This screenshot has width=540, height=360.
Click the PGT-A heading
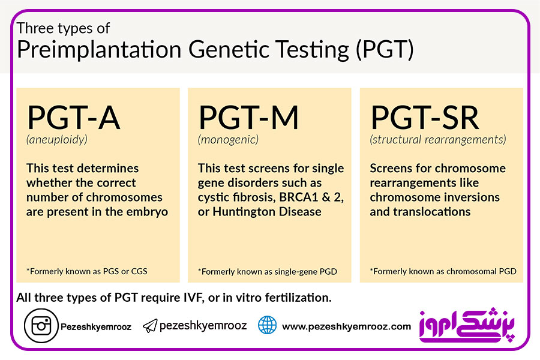(x=74, y=118)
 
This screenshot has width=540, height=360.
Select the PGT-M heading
(x=248, y=118)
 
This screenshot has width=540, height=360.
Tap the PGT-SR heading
(x=425, y=118)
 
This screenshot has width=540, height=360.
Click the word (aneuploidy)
(x=57, y=140)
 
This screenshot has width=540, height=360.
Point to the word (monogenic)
(x=228, y=140)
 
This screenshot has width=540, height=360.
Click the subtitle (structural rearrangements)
(x=438, y=140)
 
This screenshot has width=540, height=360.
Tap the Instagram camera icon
(x=41, y=326)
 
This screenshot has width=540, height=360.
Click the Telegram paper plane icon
(x=150, y=326)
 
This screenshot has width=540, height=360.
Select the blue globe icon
(x=267, y=325)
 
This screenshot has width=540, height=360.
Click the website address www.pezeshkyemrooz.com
(x=346, y=326)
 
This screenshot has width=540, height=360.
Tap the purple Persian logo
(x=467, y=325)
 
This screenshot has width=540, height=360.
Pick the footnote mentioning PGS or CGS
(x=87, y=271)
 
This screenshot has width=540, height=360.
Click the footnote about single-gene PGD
(x=268, y=272)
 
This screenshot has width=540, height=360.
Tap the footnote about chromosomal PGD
(x=443, y=271)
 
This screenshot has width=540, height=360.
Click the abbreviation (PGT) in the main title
(x=385, y=49)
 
